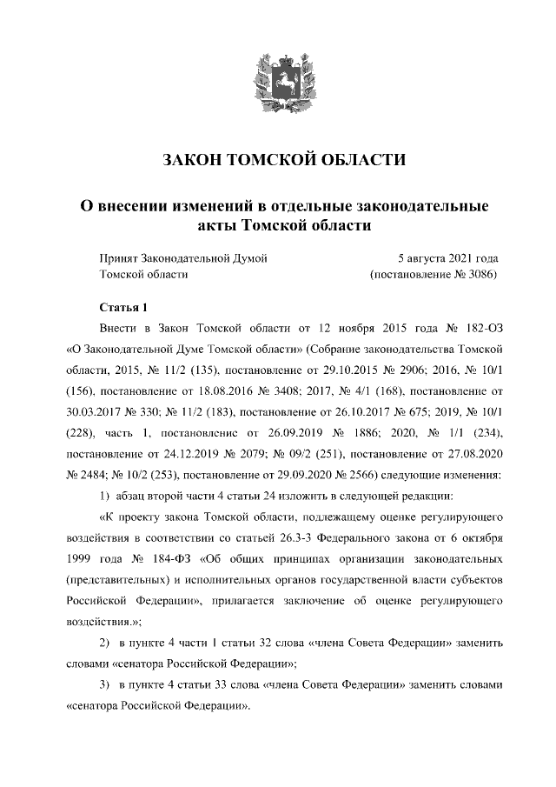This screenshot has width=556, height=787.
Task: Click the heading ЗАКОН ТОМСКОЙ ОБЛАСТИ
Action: coord(285,160)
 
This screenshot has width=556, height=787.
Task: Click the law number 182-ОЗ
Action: coord(480,330)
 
